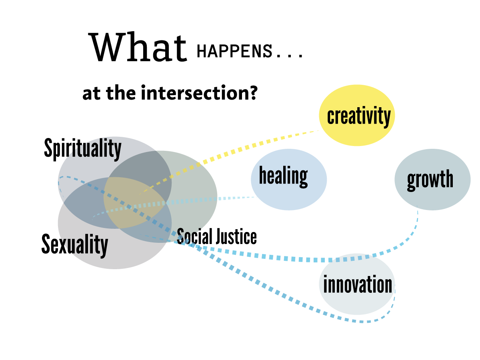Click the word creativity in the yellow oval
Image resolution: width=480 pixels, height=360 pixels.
click(x=358, y=116)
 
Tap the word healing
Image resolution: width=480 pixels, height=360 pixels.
click(x=283, y=176)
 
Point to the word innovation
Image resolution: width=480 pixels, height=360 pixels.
click(x=358, y=285)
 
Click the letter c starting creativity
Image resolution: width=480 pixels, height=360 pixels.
click(x=330, y=117)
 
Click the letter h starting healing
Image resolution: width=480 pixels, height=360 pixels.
click(x=263, y=175)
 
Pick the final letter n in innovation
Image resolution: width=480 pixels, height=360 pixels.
click(x=388, y=285)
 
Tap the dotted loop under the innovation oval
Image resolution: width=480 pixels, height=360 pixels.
click(x=372, y=320)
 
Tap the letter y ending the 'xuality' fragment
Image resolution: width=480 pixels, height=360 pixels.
click(x=104, y=246)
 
